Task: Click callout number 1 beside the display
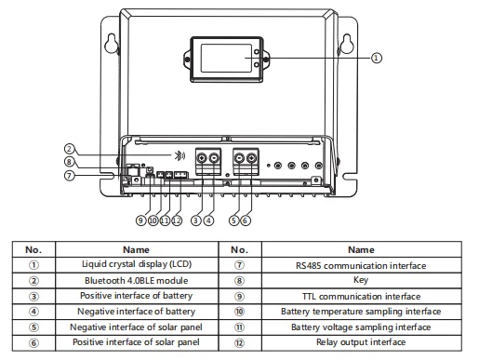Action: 376,58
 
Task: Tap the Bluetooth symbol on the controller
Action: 180,155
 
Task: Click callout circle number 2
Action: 70,149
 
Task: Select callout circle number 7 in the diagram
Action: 70,176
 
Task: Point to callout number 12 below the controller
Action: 177,220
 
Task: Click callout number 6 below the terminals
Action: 246,220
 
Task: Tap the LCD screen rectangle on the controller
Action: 226,59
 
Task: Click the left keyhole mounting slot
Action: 111,44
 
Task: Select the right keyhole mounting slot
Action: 347,44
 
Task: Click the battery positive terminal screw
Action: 202,158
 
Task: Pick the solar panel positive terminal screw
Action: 251,158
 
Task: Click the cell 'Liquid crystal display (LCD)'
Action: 137,264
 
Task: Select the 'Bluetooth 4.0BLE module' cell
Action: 137,281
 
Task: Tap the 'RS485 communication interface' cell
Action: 361,265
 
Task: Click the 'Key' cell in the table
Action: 361,280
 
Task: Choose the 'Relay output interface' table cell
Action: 361,342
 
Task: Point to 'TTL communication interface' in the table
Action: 361,297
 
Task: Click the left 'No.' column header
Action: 33,249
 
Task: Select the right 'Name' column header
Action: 361,249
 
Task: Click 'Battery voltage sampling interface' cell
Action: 361,327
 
